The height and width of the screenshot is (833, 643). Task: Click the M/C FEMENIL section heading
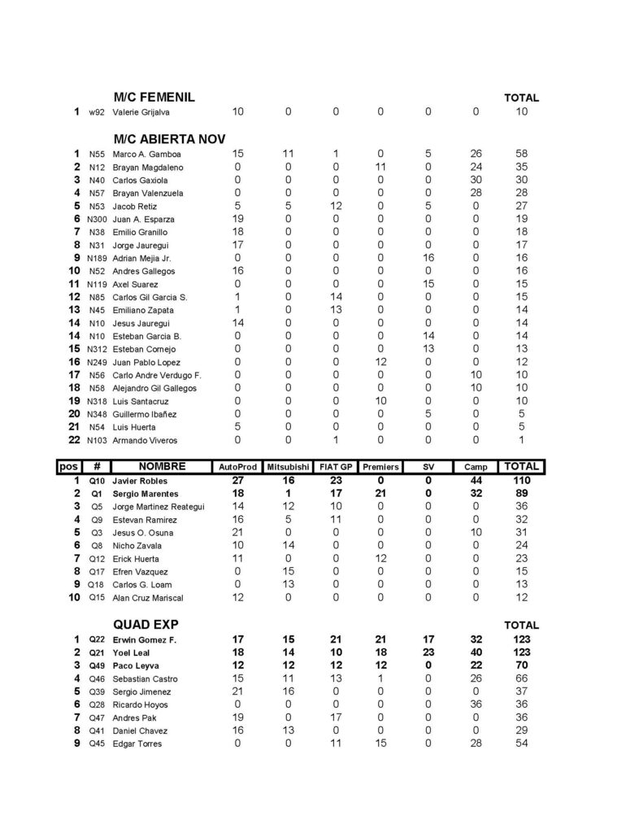154,98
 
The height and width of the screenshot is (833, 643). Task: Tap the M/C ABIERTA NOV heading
169,138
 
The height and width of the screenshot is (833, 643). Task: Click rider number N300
97,220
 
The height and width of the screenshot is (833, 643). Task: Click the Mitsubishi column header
288,468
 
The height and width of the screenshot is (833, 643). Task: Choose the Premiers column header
380,468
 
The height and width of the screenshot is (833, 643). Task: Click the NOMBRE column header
162,467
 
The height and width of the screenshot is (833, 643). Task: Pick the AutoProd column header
238,468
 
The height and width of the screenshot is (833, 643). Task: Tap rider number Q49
97,666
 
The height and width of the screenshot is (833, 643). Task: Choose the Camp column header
476,468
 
